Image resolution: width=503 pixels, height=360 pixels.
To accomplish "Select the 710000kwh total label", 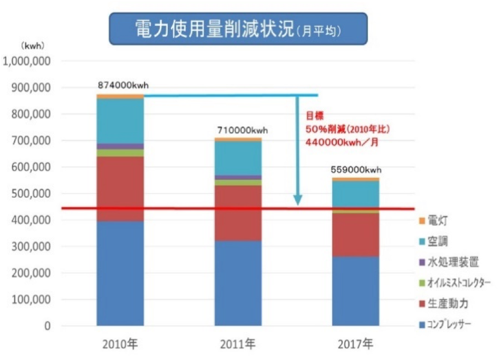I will [x=243, y=130].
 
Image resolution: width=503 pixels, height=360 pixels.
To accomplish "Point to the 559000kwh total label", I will [x=356, y=170].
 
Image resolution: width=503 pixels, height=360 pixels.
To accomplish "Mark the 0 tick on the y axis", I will [x=46, y=326].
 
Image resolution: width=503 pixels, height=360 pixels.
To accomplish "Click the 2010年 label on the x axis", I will [x=120, y=345].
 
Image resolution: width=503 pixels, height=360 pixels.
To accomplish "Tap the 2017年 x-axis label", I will [x=356, y=345].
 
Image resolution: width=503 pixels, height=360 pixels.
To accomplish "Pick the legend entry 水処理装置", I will [x=449, y=262].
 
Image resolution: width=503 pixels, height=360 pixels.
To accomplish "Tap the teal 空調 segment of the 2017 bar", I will [x=356, y=193].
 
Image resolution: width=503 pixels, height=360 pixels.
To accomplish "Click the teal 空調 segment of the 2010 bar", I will [x=120, y=121].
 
